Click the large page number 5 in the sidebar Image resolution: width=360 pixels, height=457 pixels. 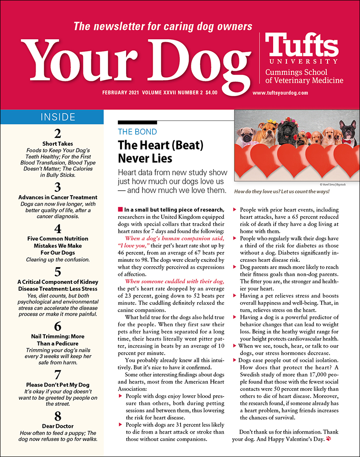coord(58,272)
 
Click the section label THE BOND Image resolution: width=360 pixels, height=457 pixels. coord(137,132)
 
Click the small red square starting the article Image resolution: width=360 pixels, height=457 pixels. coord(120,209)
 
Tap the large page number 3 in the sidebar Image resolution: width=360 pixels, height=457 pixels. coord(58,187)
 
